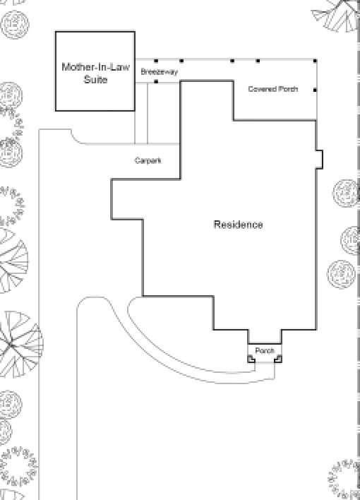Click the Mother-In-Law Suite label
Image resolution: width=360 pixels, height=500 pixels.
(x=95, y=73)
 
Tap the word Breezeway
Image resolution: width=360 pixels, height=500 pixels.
(x=159, y=72)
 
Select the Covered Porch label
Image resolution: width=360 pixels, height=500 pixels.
(x=273, y=89)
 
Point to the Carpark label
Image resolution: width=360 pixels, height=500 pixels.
(x=148, y=160)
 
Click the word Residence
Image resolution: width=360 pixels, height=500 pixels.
(x=238, y=225)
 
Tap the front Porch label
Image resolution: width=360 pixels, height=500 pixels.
(x=265, y=351)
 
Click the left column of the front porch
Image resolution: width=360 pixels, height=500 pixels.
(x=251, y=359)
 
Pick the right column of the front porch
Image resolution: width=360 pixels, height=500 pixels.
(x=278, y=359)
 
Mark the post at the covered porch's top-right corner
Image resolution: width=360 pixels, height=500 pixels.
(x=315, y=61)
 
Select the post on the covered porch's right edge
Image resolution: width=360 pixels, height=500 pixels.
(x=315, y=90)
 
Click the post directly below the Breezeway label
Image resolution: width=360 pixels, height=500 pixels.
(x=156, y=82)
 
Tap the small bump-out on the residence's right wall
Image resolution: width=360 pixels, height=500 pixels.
(x=320, y=159)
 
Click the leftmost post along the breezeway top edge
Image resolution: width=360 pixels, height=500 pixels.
(x=156, y=61)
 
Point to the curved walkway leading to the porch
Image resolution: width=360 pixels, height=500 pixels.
(x=179, y=357)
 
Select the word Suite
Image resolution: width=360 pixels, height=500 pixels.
(x=95, y=79)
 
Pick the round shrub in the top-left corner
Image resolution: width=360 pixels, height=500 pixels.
(x=15, y=25)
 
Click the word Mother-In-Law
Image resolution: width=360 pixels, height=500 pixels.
(x=96, y=67)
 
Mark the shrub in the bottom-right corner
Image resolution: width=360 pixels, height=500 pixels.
(x=344, y=480)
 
